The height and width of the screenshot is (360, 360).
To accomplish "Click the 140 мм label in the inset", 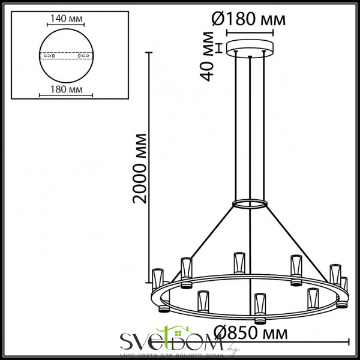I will pyautogui.click(x=66, y=18).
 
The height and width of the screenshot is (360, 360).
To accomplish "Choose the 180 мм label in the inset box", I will pyautogui.click(x=66, y=90).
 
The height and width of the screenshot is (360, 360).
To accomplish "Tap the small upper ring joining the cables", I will pyautogui.click(x=250, y=204).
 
